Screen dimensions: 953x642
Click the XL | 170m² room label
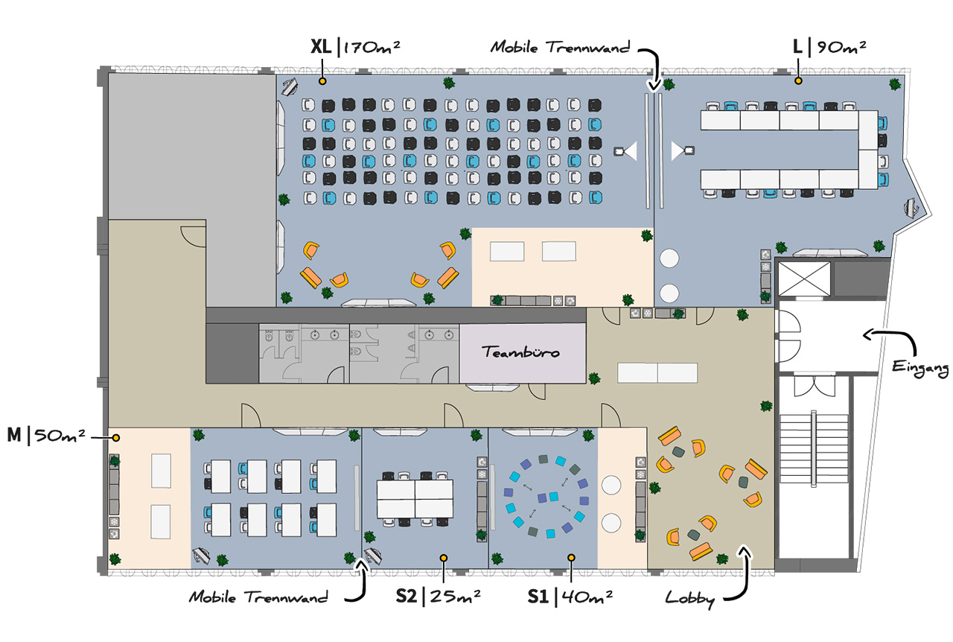(x=355, y=47)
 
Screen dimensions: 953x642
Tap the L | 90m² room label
(x=829, y=47)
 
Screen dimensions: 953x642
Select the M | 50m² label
(x=46, y=435)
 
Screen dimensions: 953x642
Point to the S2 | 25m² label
(x=439, y=596)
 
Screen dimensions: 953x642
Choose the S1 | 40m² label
(x=570, y=596)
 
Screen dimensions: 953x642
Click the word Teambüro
(x=520, y=352)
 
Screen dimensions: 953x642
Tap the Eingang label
(x=920, y=368)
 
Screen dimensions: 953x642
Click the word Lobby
(x=690, y=599)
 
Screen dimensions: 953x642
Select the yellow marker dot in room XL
(x=322, y=81)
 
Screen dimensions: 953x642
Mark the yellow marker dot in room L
(x=799, y=80)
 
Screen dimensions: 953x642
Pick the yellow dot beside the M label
(x=115, y=438)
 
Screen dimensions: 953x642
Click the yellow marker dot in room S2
(x=444, y=558)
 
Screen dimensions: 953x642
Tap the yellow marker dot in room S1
(x=571, y=558)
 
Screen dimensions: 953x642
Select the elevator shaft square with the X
(x=804, y=279)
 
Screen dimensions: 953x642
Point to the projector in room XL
(x=625, y=150)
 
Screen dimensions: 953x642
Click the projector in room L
(x=683, y=150)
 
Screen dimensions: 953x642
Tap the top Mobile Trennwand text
(x=561, y=47)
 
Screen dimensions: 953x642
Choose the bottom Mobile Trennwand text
(x=258, y=597)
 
